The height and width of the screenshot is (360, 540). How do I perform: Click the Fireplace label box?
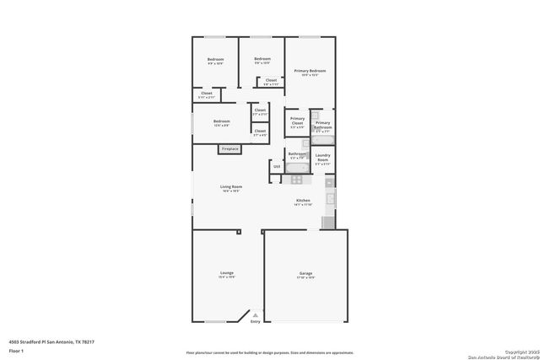229,149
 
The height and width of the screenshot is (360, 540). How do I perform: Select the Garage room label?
305,275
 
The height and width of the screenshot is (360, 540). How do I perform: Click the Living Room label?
231,189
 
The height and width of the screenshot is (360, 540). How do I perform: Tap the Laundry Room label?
322,158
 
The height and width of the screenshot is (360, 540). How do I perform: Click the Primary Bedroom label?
310,72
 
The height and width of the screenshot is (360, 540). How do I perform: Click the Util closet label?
277,167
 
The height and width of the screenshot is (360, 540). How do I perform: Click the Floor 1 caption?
16,350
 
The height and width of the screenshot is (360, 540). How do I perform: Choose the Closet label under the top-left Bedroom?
207,94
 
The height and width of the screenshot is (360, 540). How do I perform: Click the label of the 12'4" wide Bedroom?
222,122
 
